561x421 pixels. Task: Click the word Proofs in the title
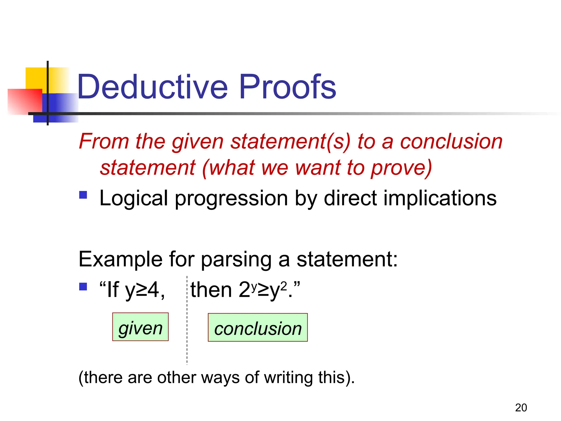point(288,87)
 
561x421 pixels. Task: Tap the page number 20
point(521,408)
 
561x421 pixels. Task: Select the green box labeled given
point(140,327)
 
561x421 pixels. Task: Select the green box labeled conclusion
point(257,328)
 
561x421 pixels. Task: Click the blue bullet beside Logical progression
point(83,195)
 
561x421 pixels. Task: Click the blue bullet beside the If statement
point(83,287)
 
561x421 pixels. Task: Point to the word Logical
point(133,198)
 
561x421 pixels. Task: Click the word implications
point(440,198)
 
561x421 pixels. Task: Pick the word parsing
point(236,260)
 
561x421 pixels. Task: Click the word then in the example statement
point(211,290)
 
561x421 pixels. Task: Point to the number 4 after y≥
point(153,290)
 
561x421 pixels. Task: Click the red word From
point(104,141)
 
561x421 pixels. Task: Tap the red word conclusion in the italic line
point(451,141)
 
